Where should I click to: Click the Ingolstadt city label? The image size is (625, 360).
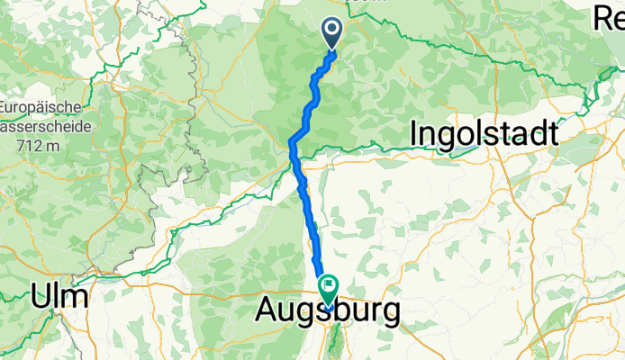pyautogui.click(x=484, y=133)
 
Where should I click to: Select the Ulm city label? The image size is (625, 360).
pyautogui.click(x=59, y=295)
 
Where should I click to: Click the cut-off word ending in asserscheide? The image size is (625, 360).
pyautogui.click(x=36, y=124)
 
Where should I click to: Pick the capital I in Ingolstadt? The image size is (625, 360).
pyautogui.click(x=414, y=133)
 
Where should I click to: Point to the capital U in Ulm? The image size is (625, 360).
pyautogui.click(x=42, y=295)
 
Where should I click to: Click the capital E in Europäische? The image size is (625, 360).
pyautogui.click(x=5, y=105)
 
